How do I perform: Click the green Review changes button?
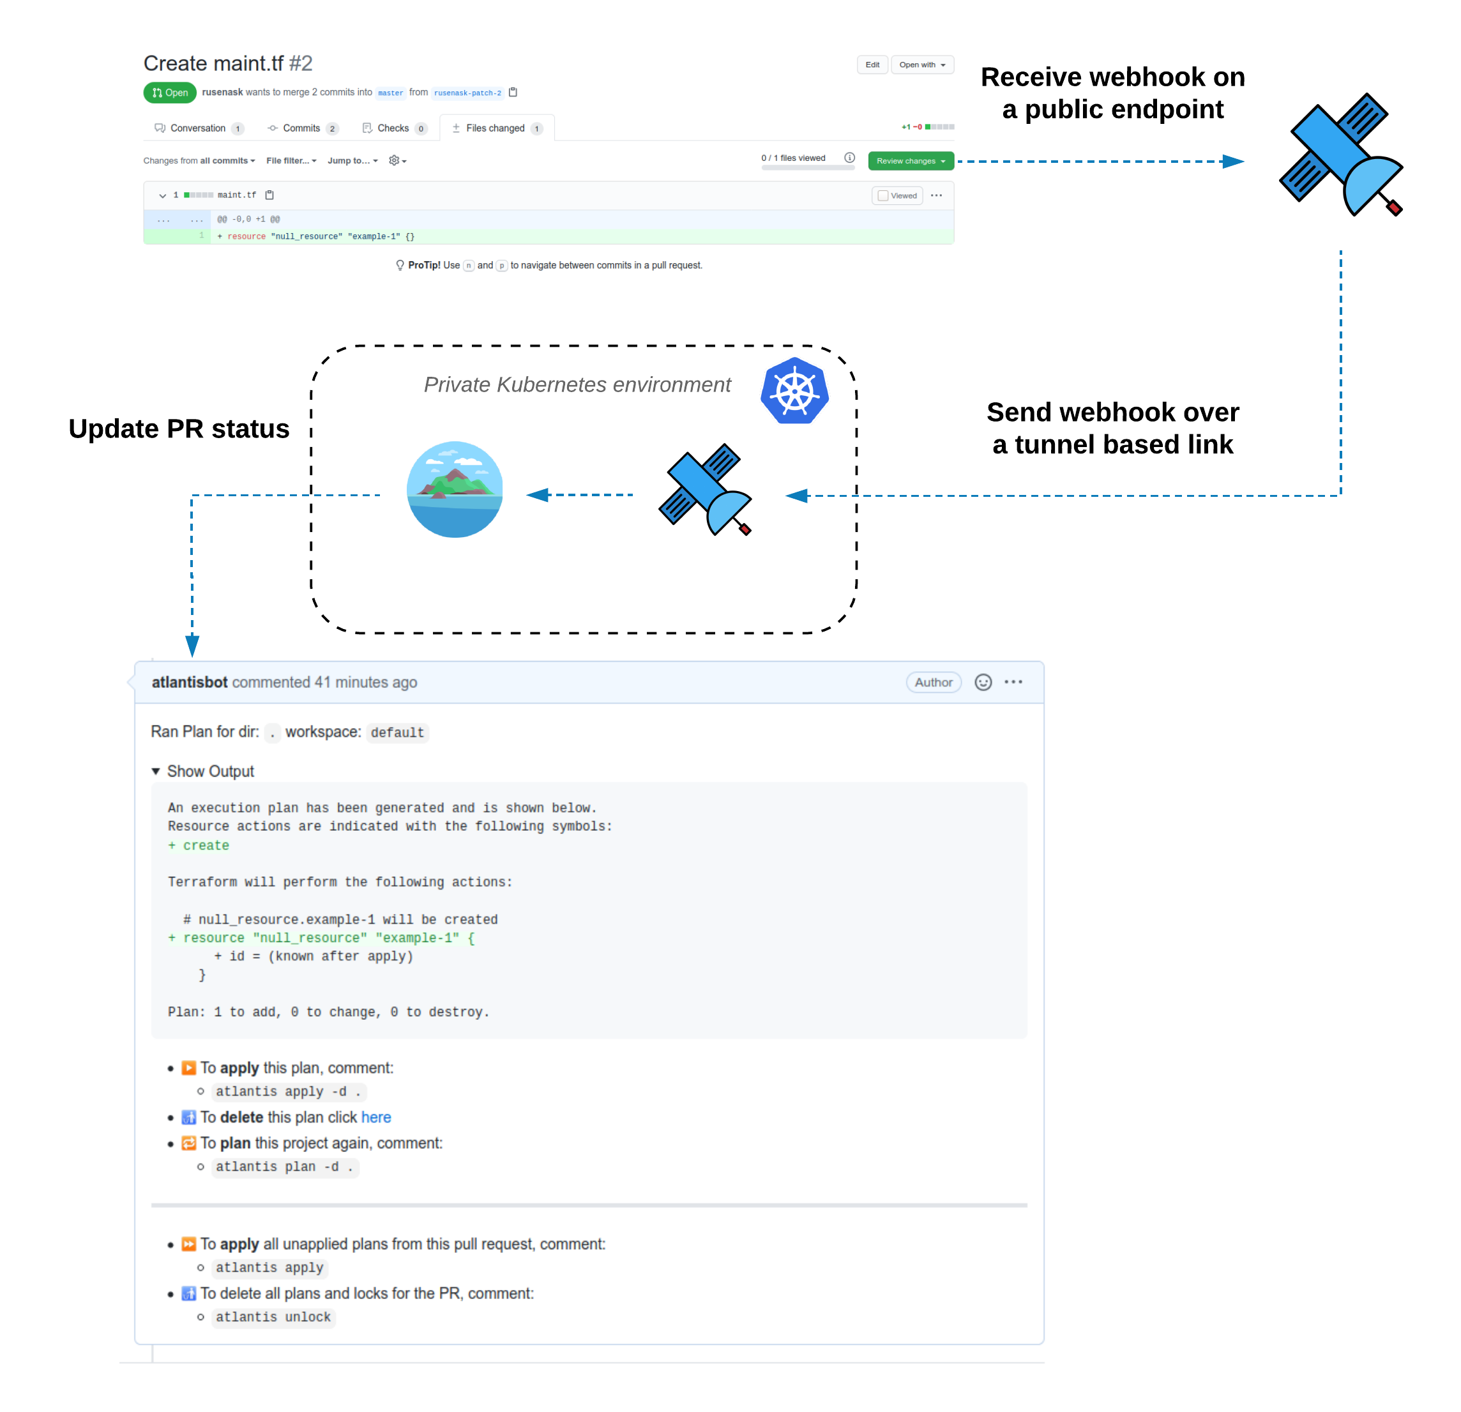910,161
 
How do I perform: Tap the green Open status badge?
170,93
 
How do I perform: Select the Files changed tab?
496,128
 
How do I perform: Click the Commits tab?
302,128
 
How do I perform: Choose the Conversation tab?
197,128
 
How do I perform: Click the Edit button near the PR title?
872,65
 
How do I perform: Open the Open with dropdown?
921,65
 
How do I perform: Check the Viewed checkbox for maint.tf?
883,196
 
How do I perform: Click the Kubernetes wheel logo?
794,391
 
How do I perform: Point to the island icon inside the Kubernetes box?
455,489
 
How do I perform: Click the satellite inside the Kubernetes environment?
705,489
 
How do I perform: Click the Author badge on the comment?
934,682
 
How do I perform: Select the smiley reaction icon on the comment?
983,682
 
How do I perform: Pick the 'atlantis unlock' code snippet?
273,1317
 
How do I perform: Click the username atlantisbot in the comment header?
190,682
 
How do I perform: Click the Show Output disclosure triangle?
156,771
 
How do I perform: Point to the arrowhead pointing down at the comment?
192,645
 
